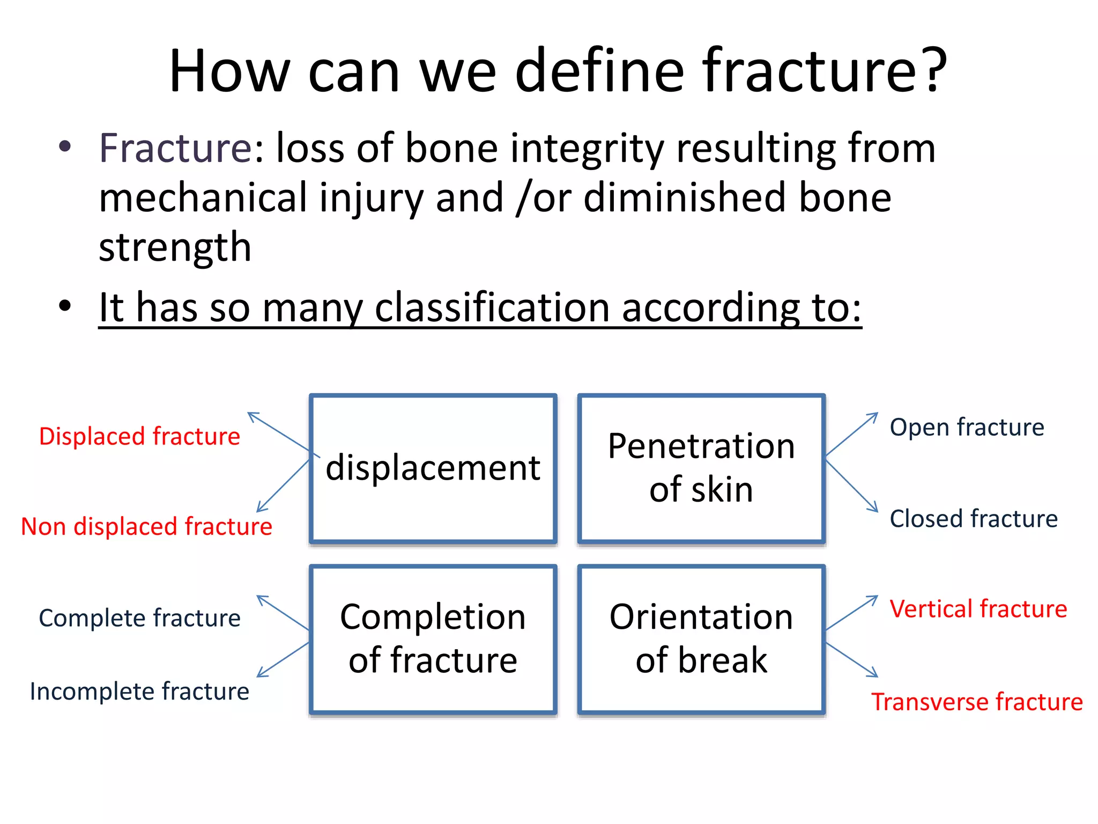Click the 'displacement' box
[433, 468]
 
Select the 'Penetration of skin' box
[701, 468]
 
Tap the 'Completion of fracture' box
[433, 638]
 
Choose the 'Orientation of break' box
[701, 638]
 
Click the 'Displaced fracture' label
[139, 437]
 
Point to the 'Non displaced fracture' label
[146, 527]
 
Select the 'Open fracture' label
[967, 428]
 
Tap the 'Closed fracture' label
[974, 519]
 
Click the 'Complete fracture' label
[139, 618]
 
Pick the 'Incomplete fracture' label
[139, 691]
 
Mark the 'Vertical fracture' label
[978, 609]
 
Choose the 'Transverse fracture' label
[977, 702]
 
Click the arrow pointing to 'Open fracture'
[851, 434]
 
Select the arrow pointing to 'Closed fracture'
[851, 485]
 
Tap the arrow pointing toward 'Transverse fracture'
[851, 659]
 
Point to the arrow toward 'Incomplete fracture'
[283, 659]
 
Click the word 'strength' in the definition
[175, 247]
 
